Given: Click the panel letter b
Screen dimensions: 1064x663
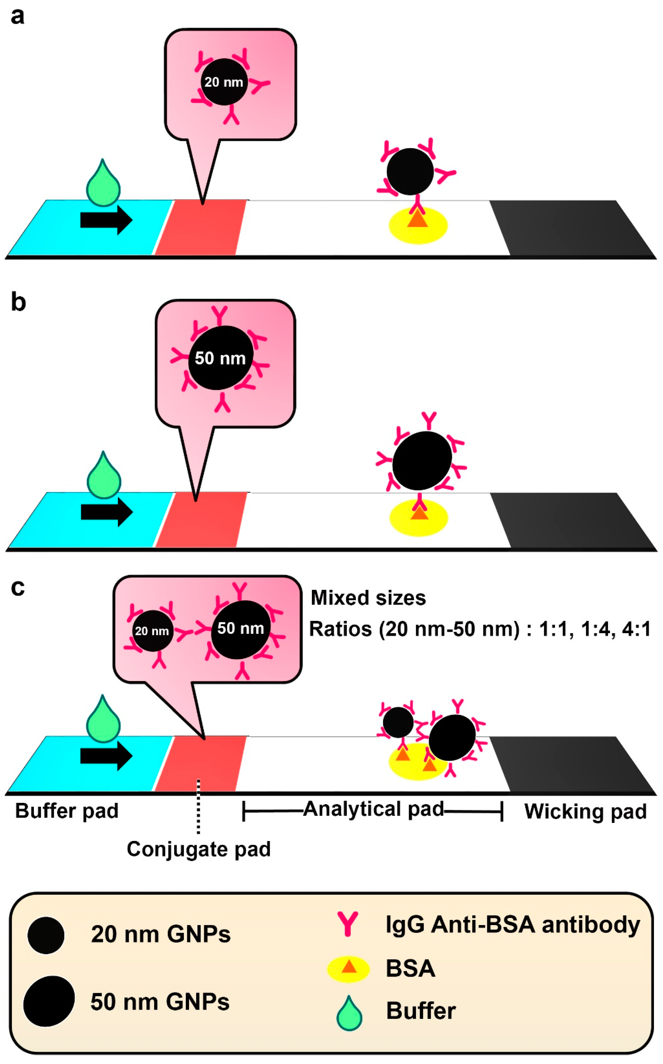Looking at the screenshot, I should coord(18,303).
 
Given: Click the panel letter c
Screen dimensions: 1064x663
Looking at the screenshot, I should coord(18,588).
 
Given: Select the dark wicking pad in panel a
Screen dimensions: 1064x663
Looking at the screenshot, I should coord(570,228).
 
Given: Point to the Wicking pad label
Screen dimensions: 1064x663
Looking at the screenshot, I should coord(585,811).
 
